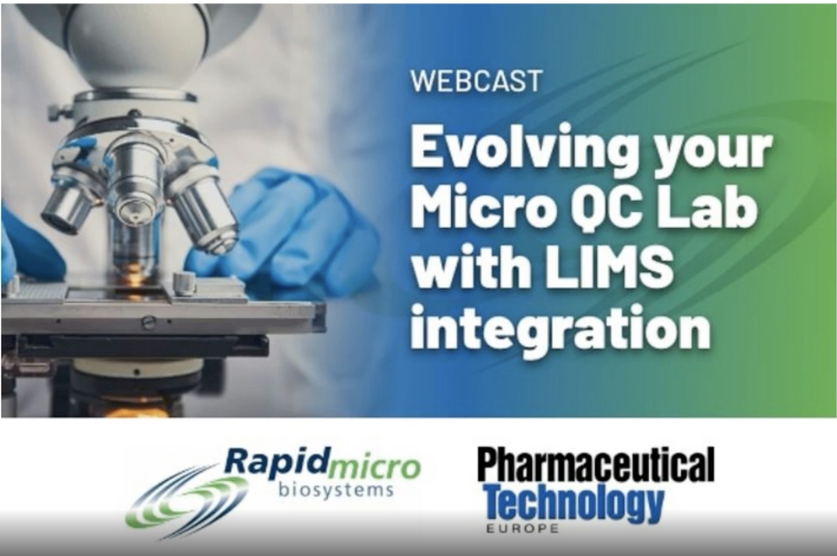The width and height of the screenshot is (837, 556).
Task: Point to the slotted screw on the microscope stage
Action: point(149,322)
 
